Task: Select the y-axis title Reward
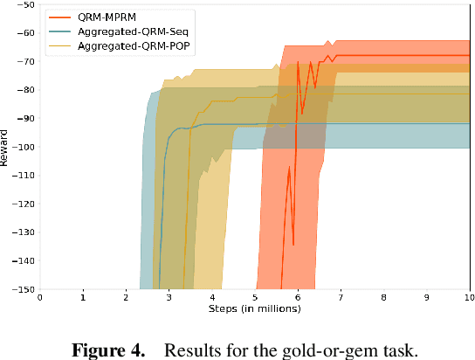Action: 7,147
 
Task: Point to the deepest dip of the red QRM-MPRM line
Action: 293,245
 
